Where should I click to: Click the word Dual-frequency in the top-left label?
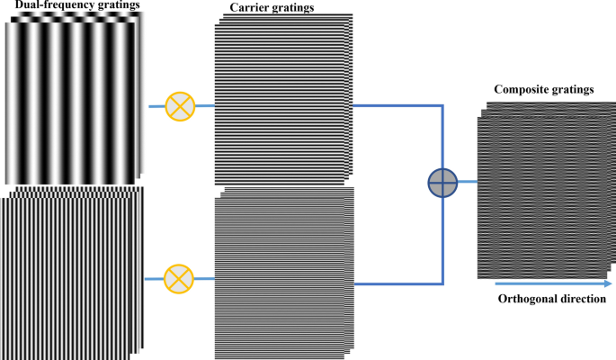49,7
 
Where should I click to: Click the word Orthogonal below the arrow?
530,299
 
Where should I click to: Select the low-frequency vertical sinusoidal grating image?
72,99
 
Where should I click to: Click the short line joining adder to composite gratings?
467,182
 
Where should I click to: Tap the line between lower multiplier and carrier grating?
206,277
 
